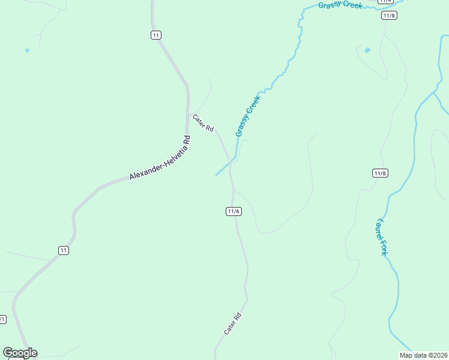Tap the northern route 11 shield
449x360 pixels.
156,35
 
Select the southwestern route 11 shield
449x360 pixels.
64,250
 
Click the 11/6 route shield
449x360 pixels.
234,211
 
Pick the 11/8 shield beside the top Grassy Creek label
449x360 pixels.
389,15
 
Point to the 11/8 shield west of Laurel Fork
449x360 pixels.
380,173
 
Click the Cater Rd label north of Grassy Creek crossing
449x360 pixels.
203,123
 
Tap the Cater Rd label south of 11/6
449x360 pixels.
232,324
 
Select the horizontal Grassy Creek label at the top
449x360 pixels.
340,5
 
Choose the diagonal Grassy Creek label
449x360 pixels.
248,116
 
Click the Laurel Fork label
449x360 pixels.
381,237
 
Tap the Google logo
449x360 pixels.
20,353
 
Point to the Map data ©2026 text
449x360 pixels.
423,355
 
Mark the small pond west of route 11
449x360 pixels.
27,50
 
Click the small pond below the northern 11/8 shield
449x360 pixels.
367,50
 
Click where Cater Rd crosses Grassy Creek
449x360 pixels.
230,161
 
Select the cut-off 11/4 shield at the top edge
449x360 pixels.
385,2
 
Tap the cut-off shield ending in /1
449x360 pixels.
2,319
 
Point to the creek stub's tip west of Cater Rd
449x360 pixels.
216,175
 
